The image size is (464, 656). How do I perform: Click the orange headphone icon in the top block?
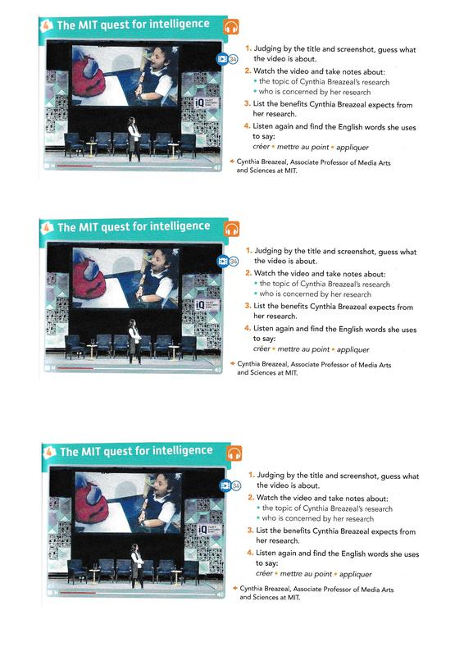tap(231, 27)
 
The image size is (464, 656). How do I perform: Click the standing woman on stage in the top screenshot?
tap(134, 139)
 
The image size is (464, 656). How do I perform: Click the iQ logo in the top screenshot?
tap(199, 103)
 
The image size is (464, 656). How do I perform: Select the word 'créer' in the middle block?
tap(262, 348)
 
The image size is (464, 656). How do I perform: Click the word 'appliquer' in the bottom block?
tap(356, 575)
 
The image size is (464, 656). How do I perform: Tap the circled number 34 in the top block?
tap(233, 59)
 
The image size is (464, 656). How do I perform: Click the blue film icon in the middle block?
tap(223, 262)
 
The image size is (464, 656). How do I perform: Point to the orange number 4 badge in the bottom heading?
tap(49, 453)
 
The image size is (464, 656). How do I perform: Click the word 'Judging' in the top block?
tap(268, 49)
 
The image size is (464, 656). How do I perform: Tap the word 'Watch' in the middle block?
tap(265, 273)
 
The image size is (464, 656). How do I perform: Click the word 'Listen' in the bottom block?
tap(266, 553)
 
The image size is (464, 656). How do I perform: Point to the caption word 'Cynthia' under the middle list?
tap(250, 364)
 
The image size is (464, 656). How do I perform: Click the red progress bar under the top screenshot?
tap(75, 166)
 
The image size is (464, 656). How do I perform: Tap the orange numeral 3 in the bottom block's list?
tap(250, 530)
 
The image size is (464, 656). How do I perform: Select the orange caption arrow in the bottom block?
tap(235, 588)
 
